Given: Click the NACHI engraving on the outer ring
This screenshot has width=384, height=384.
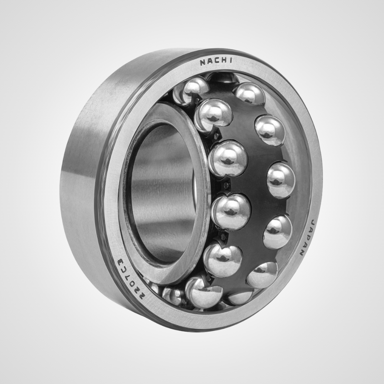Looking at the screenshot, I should (x=215, y=62).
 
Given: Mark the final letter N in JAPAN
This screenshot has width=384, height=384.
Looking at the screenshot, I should (x=302, y=253).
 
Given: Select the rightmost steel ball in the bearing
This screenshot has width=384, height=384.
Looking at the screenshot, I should (x=281, y=180).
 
